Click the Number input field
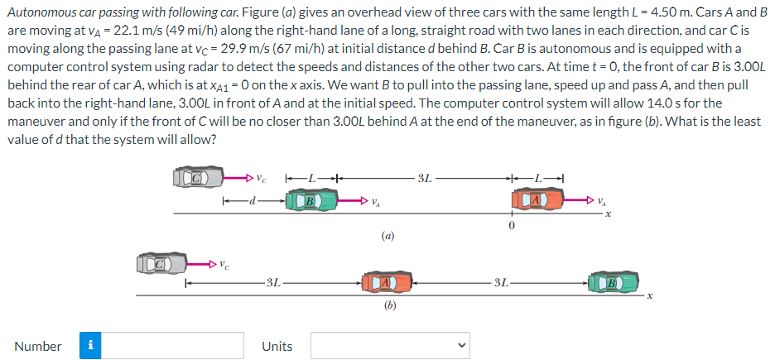click(x=173, y=346)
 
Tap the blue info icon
click(x=91, y=346)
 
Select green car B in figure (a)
click(x=310, y=200)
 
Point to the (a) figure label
click(x=387, y=235)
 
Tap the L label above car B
click(x=312, y=177)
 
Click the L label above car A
click(x=538, y=177)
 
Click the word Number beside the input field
click(x=38, y=346)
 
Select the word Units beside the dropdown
click(x=277, y=346)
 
